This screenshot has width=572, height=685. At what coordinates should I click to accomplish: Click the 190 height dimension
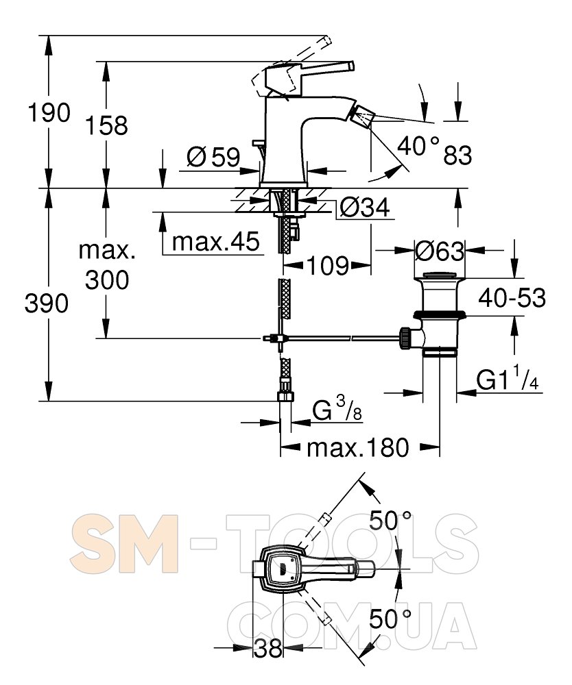pos(48,112)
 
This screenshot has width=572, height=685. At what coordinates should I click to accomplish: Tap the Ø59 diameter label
pos(213,158)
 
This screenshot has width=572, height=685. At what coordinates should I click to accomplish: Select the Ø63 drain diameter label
pos(440,251)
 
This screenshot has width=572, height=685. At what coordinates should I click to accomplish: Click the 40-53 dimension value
pos(512,297)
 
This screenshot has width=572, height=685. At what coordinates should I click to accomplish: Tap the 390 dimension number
pos(47,303)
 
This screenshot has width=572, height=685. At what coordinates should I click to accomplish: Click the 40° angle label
pos(418,145)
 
